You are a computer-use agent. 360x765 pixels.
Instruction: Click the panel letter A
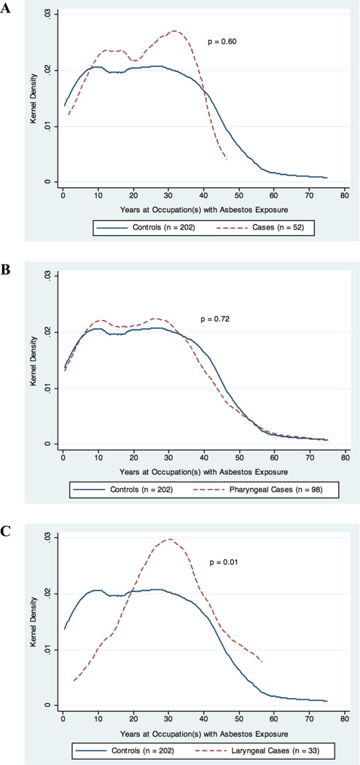tap(5, 9)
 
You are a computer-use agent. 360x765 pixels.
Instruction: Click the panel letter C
tap(5, 531)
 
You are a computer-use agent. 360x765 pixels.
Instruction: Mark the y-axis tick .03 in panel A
tap(42, 15)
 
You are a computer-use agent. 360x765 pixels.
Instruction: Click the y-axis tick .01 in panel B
tap(42, 388)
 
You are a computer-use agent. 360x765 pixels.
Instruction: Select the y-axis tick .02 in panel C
tap(42, 594)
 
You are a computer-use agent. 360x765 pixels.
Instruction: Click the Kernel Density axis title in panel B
tap(34, 361)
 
